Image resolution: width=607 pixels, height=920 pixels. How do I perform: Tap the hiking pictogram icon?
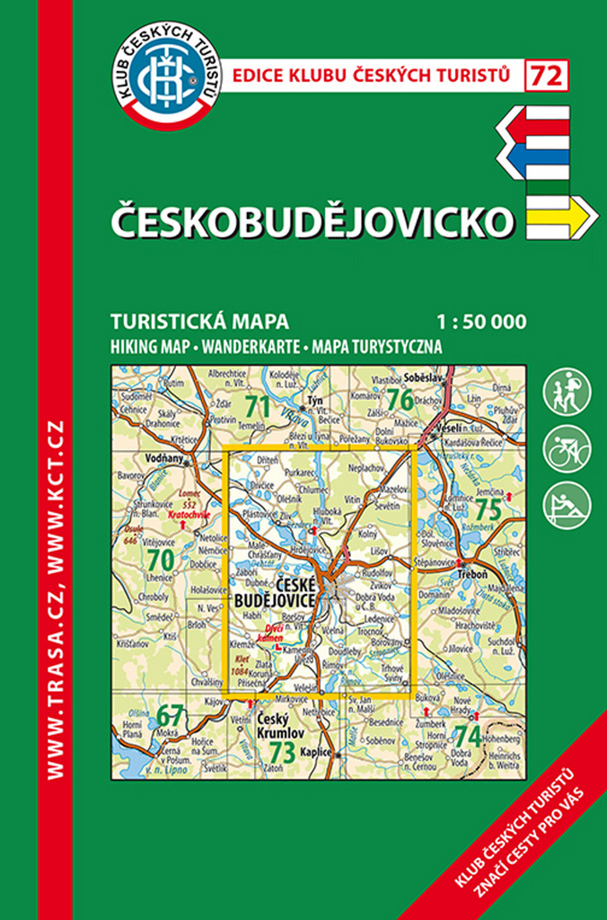[567, 392]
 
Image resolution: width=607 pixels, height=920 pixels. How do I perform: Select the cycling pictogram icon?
[567, 448]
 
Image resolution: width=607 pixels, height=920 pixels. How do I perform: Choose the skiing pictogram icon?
[567, 505]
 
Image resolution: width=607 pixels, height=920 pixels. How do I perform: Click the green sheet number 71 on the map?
[257, 406]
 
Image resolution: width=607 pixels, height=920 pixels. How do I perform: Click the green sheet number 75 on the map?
[488, 509]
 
